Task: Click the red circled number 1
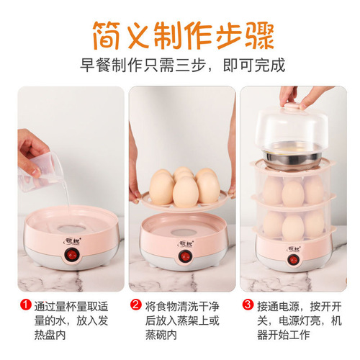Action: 25,305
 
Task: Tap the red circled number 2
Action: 135,305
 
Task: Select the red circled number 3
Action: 248,305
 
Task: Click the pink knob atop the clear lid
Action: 292,107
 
